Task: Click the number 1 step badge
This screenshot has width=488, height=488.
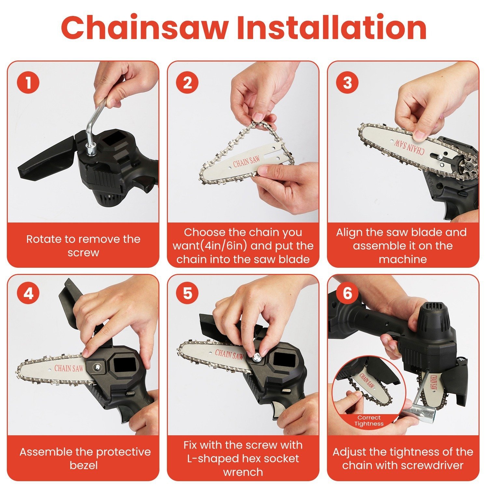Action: coord(29,83)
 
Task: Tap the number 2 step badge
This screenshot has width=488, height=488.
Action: coord(188,83)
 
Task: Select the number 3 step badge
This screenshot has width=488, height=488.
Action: coord(347,83)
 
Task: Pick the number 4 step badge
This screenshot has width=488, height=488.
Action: coord(29,293)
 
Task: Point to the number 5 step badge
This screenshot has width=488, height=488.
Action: coord(188,293)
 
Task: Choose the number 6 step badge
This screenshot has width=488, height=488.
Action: coord(347,293)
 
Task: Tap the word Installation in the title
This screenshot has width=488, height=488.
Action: coord(331,28)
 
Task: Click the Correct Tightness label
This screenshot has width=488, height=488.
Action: coord(369,421)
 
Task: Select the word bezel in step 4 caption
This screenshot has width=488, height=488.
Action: coord(84,465)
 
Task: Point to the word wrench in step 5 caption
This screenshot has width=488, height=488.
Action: coord(243,472)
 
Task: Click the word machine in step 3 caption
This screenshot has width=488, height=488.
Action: coord(403,259)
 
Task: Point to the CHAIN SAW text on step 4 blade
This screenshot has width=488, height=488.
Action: coord(69,368)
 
